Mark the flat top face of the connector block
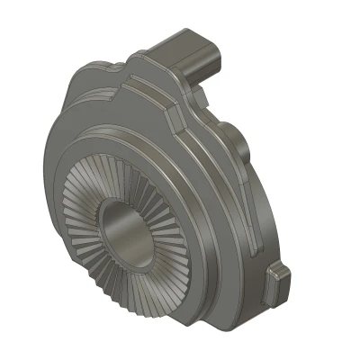(184, 40)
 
